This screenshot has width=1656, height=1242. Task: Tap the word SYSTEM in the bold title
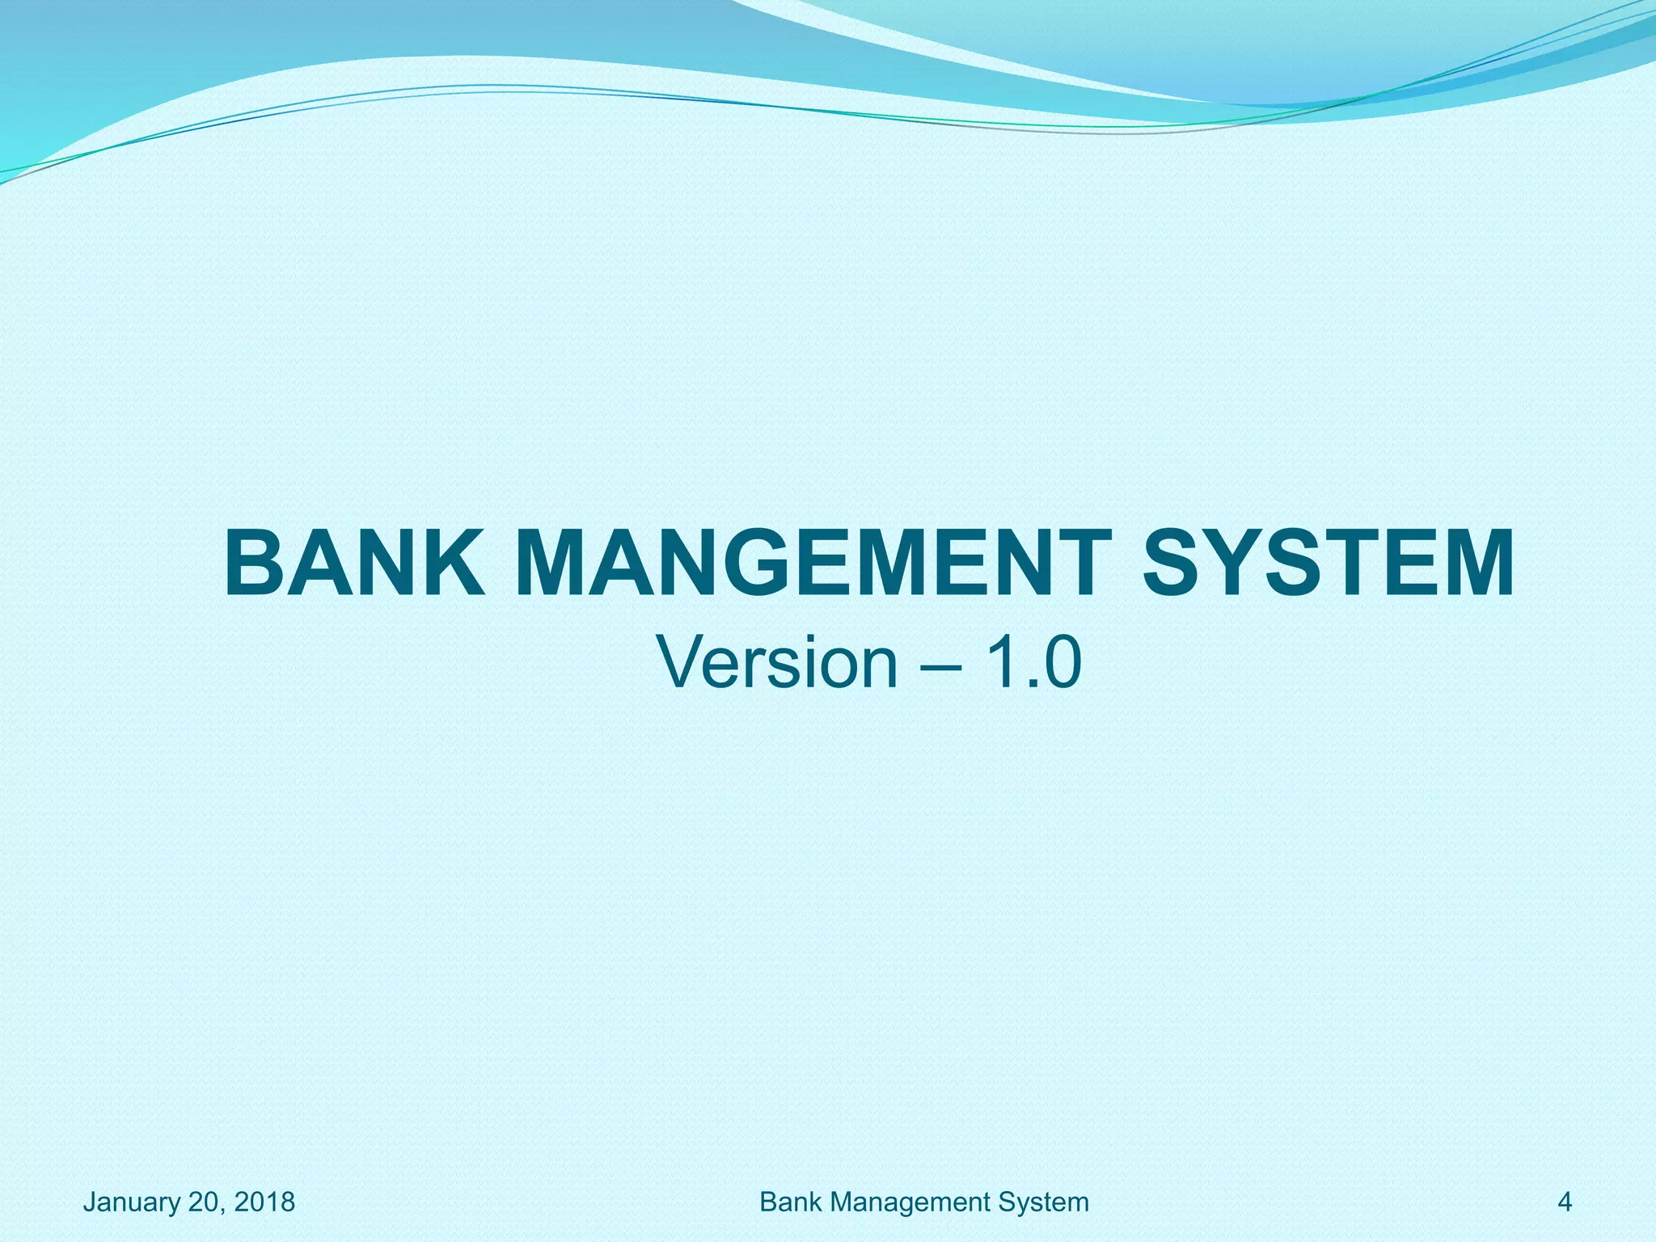(1328, 563)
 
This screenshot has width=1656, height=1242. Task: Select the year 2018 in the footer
(264, 1202)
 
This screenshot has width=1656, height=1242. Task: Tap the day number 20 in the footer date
(205, 1202)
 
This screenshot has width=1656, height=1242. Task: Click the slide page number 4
(1565, 1202)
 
